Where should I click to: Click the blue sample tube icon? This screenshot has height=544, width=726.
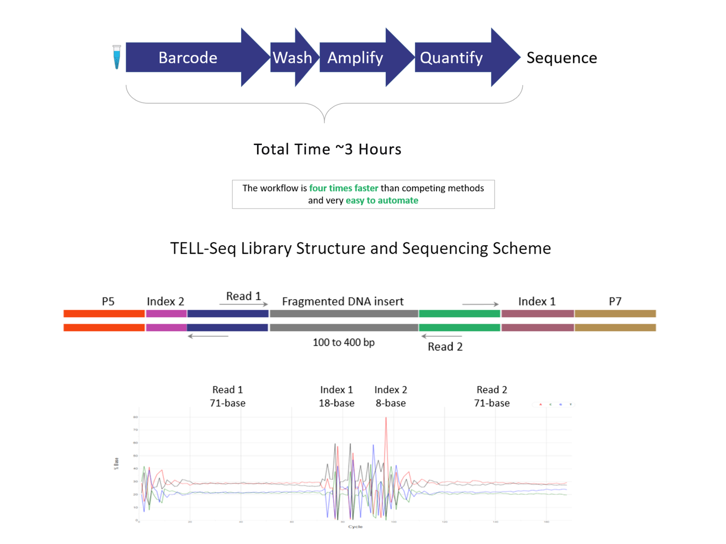[117, 57]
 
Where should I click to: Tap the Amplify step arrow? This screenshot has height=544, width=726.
[356, 58]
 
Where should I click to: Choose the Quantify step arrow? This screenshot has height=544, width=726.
[452, 58]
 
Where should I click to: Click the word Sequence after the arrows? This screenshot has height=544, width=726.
[561, 58]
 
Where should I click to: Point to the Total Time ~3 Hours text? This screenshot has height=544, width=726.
[327, 149]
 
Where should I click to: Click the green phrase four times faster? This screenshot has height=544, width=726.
[344, 188]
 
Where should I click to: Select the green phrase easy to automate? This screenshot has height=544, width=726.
[382, 200]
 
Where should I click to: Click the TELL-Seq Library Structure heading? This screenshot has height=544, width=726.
[360, 248]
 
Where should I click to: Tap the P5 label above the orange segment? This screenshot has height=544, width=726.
[108, 301]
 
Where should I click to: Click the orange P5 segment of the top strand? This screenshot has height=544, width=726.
[104, 314]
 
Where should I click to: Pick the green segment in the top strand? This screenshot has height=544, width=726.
[459, 314]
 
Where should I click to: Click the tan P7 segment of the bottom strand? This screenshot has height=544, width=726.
[615, 327]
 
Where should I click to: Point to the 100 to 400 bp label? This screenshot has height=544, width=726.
[344, 342]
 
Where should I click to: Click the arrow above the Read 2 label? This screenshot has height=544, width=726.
[441, 336]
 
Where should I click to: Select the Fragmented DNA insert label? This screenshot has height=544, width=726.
[343, 301]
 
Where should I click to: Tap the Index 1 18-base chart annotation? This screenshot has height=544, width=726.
[336, 396]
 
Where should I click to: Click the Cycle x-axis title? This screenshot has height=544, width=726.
[355, 527]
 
